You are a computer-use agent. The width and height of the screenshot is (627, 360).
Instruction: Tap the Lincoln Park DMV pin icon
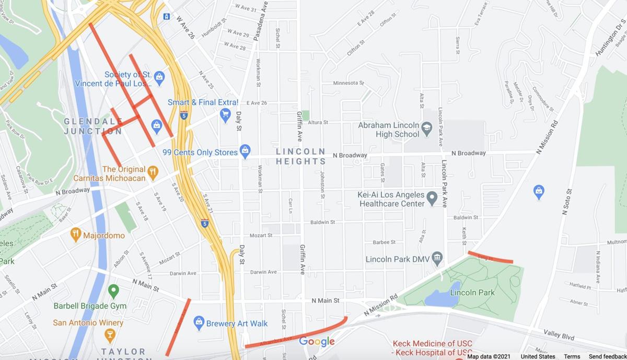click(x=437, y=257)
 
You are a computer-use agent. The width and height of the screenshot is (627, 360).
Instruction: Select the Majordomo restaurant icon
click(x=76, y=234)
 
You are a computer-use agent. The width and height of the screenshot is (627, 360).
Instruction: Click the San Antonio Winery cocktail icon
click(x=109, y=334)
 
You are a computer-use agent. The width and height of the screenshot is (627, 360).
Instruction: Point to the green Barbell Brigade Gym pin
click(x=113, y=291)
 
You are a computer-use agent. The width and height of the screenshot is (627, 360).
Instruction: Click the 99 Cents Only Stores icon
click(x=245, y=152)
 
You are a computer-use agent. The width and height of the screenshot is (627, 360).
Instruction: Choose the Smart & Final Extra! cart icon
click(x=225, y=114)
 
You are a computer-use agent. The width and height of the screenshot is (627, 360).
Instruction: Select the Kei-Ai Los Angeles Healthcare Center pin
click(x=432, y=198)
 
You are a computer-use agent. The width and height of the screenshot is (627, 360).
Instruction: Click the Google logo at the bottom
click(x=317, y=342)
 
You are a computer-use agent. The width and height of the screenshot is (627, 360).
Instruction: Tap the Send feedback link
click(x=607, y=356)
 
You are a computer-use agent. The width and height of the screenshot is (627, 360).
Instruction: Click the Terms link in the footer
click(x=572, y=356)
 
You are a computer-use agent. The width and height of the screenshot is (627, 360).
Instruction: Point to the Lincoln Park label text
click(x=472, y=293)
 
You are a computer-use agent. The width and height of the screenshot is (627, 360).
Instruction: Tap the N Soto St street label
click(x=566, y=202)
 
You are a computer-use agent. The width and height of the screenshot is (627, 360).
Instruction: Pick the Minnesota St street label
click(x=349, y=83)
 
